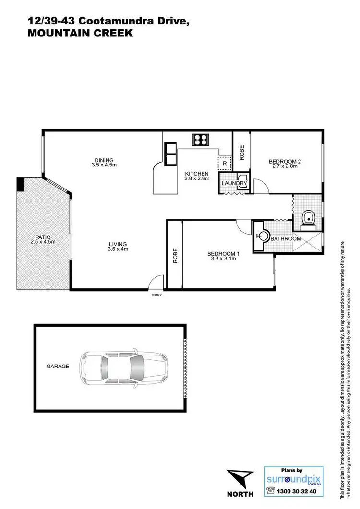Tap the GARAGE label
tap(58, 367)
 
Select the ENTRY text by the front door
tap(156, 295)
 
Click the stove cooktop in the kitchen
tap(200, 140)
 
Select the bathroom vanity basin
tap(262, 236)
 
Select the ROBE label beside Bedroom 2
tap(242, 152)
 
